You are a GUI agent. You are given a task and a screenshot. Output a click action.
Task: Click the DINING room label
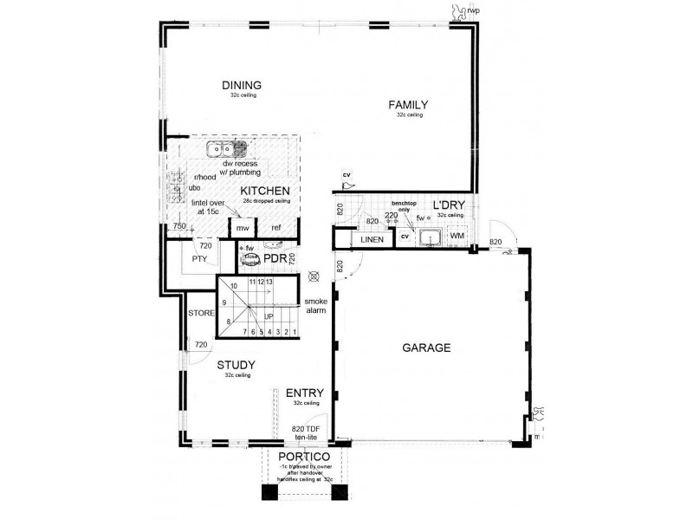(242, 85)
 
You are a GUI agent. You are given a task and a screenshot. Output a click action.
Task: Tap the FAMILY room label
(408, 105)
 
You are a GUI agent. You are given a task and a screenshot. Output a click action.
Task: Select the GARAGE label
(426, 348)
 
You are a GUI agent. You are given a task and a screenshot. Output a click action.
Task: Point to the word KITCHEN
(265, 191)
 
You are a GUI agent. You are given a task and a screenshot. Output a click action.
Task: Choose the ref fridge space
(275, 227)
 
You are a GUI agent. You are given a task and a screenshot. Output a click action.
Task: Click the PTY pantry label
(200, 258)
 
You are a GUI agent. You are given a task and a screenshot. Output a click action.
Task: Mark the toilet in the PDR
(250, 258)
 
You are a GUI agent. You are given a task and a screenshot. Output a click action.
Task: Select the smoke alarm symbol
(314, 278)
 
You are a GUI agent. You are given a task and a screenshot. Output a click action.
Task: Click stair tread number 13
(270, 283)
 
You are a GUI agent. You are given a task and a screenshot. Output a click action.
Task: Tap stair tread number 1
(295, 331)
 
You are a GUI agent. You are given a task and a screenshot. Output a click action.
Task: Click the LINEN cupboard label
(372, 239)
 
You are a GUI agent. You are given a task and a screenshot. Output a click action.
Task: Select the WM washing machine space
(457, 236)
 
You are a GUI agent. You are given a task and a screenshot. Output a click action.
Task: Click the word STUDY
(235, 366)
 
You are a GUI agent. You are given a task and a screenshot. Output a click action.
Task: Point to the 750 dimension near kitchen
(179, 226)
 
